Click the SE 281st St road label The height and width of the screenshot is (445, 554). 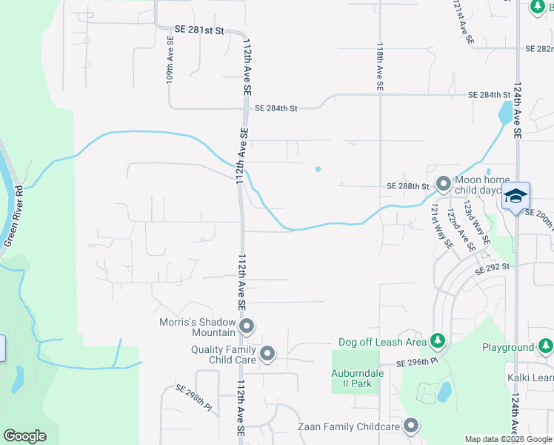pos(198,30)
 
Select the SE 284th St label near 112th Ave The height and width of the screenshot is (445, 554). pos(276,108)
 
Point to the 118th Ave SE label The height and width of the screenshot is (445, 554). pos(379,66)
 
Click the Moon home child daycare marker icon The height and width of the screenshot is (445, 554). pos(443,182)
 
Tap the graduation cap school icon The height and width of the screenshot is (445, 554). pos(515,197)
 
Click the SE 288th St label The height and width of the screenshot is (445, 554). pos(408,186)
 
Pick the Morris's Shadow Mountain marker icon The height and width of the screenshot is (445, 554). pos(247,326)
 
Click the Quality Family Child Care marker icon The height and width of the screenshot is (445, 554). pos(267,354)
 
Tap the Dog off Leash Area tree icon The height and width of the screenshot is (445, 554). pos(438,341)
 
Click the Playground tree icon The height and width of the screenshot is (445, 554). pos(545,346)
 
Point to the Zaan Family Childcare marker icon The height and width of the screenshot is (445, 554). pos(411,426)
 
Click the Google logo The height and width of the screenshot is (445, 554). pos(24,436)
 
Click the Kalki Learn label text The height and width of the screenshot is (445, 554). pos(530,378)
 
